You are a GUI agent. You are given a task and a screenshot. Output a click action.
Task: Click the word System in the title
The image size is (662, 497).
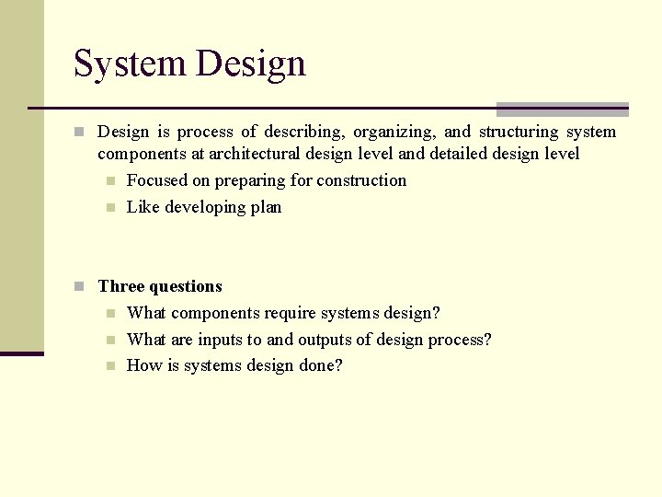point(130,64)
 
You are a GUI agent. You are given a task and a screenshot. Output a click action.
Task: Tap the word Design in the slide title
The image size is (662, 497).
point(251,64)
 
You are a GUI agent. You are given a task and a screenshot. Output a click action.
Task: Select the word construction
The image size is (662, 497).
point(361,180)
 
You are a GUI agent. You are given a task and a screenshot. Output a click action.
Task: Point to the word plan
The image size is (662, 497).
point(267,207)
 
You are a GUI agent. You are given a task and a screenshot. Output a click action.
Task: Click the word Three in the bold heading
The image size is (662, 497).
point(121,286)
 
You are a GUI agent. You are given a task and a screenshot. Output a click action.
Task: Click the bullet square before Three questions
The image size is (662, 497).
point(80,286)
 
